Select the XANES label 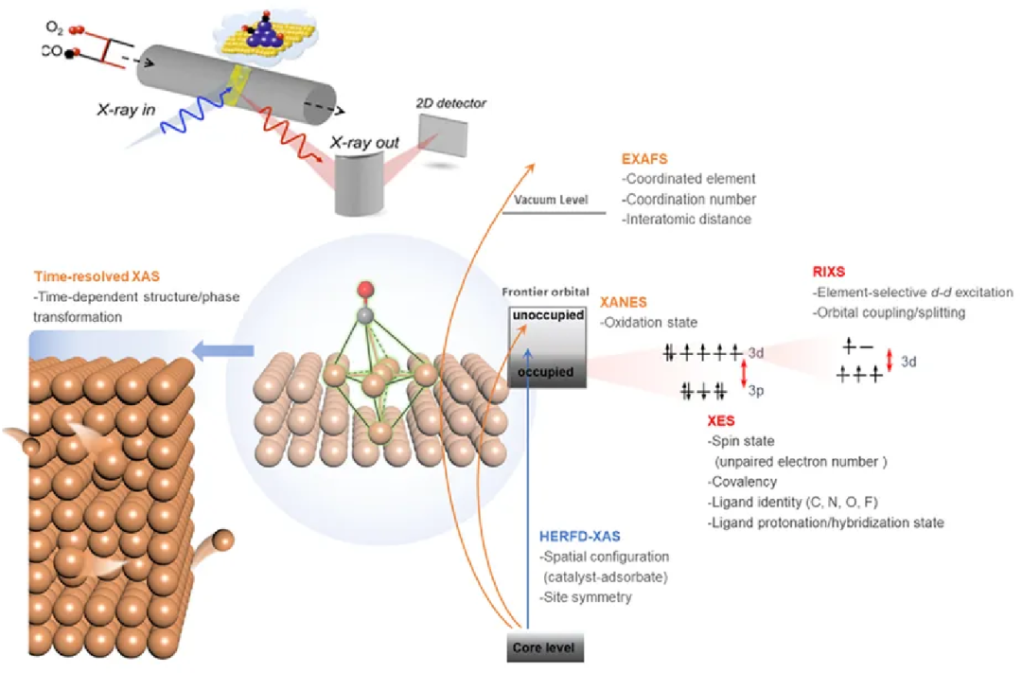625,303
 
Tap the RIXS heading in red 829,273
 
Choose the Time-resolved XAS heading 97,277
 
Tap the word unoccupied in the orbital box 548,315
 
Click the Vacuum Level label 552,200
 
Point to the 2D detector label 450,102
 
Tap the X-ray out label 365,144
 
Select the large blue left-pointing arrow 222,352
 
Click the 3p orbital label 757,390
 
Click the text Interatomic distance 686,220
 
